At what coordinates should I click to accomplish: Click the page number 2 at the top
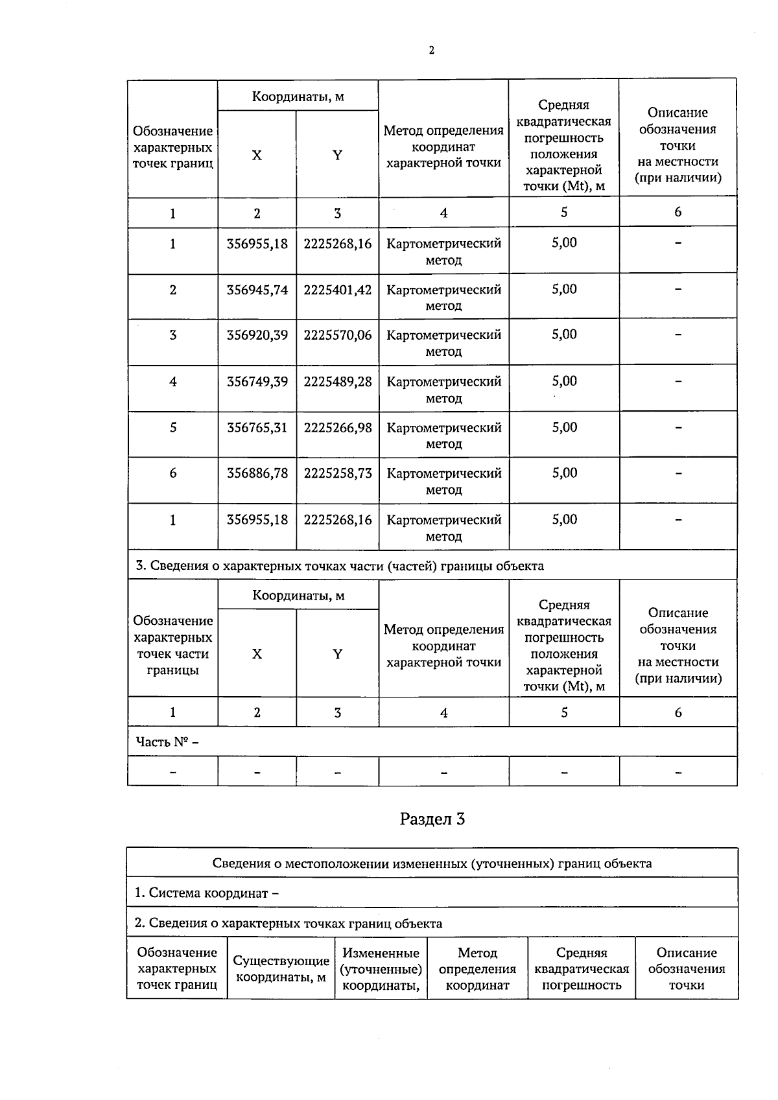(x=432, y=51)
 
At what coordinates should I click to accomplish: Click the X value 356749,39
(x=257, y=382)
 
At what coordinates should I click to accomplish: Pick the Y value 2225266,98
(x=338, y=428)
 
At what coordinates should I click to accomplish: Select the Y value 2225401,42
(x=338, y=290)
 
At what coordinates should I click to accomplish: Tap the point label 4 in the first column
(x=172, y=382)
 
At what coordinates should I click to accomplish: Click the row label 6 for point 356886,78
(x=172, y=473)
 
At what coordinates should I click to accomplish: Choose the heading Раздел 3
(x=432, y=819)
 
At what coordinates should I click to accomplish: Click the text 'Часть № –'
(x=167, y=742)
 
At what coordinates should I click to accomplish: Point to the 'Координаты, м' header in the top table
(x=298, y=97)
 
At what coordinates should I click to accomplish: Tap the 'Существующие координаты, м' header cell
(x=281, y=968)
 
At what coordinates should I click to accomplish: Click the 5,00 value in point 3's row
(x=564, y=334)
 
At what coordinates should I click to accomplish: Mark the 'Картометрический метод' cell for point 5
(x=444, y=436)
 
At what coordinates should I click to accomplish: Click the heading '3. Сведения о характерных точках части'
(x=339, y=565)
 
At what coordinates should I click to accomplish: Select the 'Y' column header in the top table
(x=337, y=155)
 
